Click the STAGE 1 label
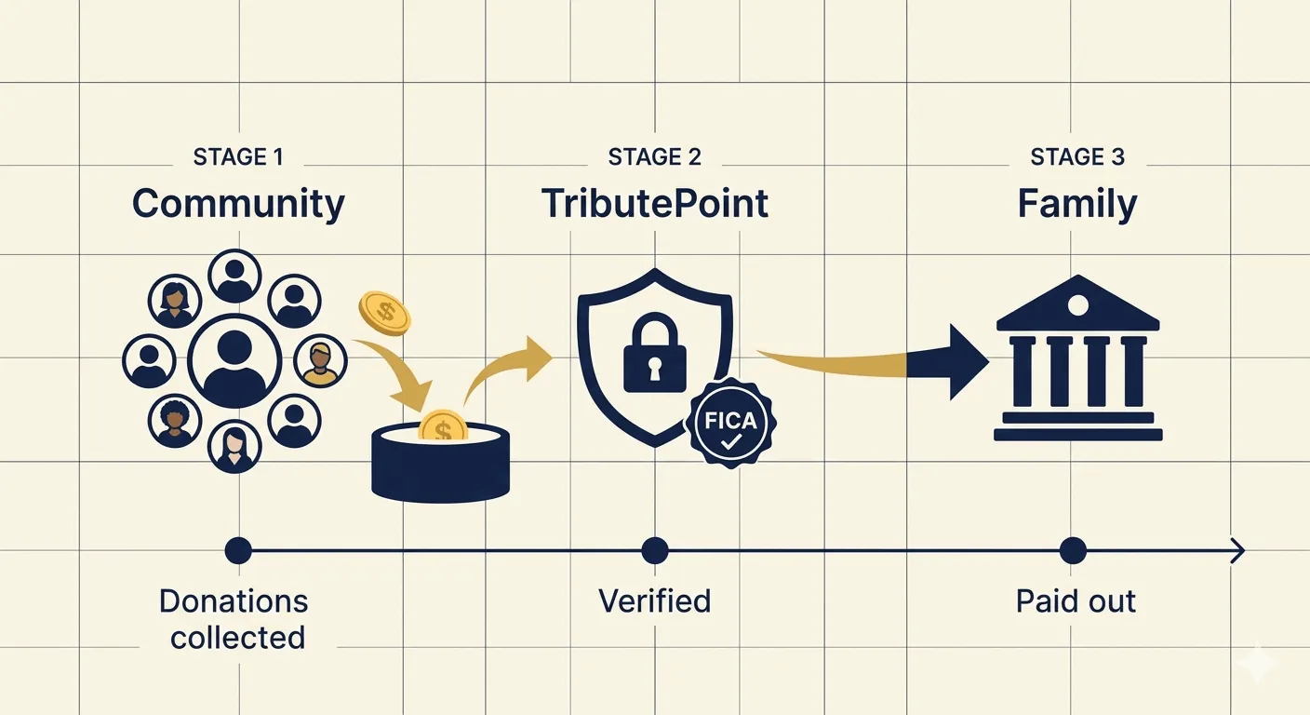[238, 156]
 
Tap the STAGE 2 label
[654, 156]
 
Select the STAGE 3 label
[1077, 156]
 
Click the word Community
[238, 205]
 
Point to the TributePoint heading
[655, 204]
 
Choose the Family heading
[1077, 205]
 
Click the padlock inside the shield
[654, 353]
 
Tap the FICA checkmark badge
[730, 423]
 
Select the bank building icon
[1077, 358]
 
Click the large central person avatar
[234, 361]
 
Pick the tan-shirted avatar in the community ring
[320, 362]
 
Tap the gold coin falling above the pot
[384, 313]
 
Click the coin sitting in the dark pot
[443, 425]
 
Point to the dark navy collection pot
[440, 462]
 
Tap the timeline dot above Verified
[654, 550]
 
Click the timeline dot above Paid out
[1073, 550]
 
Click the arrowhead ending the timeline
[1237, 550]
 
